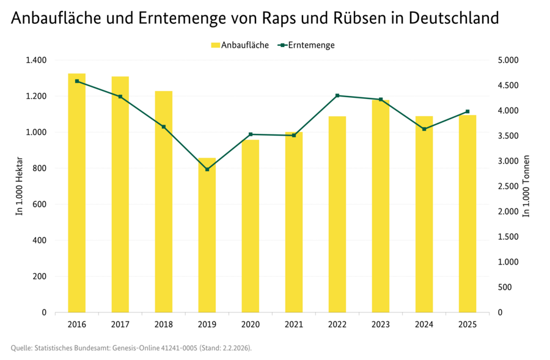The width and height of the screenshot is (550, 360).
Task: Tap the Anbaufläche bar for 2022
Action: coord(337,214)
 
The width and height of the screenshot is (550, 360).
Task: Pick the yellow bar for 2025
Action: coord(468,213)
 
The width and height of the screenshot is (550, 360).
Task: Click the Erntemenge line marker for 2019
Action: coord(207,169)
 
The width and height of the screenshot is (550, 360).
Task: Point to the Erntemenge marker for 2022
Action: coord(337,95)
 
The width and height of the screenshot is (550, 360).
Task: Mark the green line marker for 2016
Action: coord(76,81)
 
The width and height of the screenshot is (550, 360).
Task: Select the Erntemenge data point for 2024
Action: coord(424,129)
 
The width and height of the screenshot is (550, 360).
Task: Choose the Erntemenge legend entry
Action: coord(306,45)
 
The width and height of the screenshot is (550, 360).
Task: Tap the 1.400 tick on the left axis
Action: coord(36,60)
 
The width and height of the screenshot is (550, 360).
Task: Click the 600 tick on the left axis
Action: coord(40,204)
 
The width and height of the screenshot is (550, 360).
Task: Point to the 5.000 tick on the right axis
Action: coord(508,60)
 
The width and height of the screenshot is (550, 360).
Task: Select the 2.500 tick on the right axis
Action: coord(508,186)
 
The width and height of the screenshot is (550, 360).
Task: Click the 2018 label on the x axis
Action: coord(164,324)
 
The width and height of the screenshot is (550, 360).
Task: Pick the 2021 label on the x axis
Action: coord(294,324)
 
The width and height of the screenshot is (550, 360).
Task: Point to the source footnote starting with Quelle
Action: coord(131,348)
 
